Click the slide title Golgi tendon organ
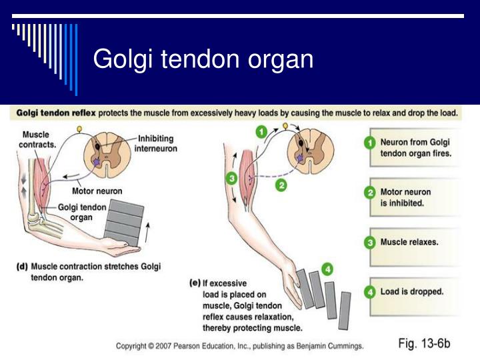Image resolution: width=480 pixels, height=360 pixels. (203, 60)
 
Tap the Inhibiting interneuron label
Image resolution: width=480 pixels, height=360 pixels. (155, 143)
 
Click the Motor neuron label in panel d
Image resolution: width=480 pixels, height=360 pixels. (97, 191)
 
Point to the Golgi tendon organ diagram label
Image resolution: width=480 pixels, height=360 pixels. (82, 212)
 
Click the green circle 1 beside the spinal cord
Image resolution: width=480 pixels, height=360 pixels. (261, 132)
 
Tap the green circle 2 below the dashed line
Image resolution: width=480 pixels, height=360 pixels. (281, 185)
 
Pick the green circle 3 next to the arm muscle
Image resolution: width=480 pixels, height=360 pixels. (232, 178)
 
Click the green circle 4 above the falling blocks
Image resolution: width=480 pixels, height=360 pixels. (327, 269)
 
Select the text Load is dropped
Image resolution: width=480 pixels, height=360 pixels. (412, 291)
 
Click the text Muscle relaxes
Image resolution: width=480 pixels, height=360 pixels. (409, 242)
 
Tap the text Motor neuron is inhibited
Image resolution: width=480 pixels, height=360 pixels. (405, 197)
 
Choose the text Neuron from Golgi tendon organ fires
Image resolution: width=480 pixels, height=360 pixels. (416, 147)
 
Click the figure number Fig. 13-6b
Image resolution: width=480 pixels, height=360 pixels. (424, 343)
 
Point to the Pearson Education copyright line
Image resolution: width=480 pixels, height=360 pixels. (240, 346)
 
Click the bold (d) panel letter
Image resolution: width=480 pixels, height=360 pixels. (22, 267)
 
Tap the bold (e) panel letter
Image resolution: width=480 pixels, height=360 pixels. (195, 283)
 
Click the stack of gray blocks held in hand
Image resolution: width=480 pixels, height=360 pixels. (124, 223)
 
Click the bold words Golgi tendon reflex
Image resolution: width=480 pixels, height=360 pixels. (56, 113)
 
